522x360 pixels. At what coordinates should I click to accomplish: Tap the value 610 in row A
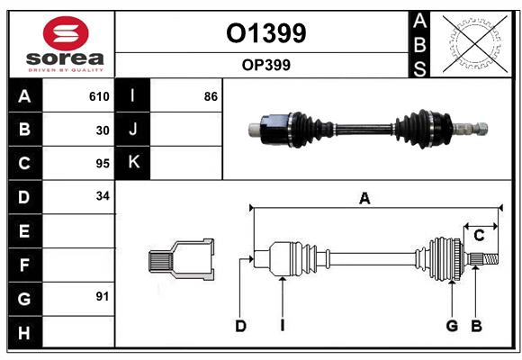click(x=99, y=96)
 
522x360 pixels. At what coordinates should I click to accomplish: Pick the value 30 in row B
click(x=102, y=130)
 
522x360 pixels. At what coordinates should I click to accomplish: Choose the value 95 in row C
click(x=102, y=163)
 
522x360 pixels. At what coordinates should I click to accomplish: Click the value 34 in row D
click(x=102, y=196)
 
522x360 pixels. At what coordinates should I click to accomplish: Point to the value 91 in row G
click(x=102, y=295)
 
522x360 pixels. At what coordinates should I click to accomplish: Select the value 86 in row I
click(x=211, y=96)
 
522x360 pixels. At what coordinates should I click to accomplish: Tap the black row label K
click(x=133, y=163)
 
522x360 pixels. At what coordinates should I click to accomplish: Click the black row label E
click(x=24, y=230)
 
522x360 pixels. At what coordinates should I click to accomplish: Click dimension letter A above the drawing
click(x=364, y=199)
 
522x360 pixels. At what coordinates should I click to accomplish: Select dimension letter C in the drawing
click(x=480, y=236)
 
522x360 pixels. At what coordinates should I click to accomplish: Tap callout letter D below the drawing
click(x=240, y=326)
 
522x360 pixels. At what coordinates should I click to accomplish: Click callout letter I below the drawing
click(x=282, y=326)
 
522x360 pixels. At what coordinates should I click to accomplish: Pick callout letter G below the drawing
click(x=452, y=326)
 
